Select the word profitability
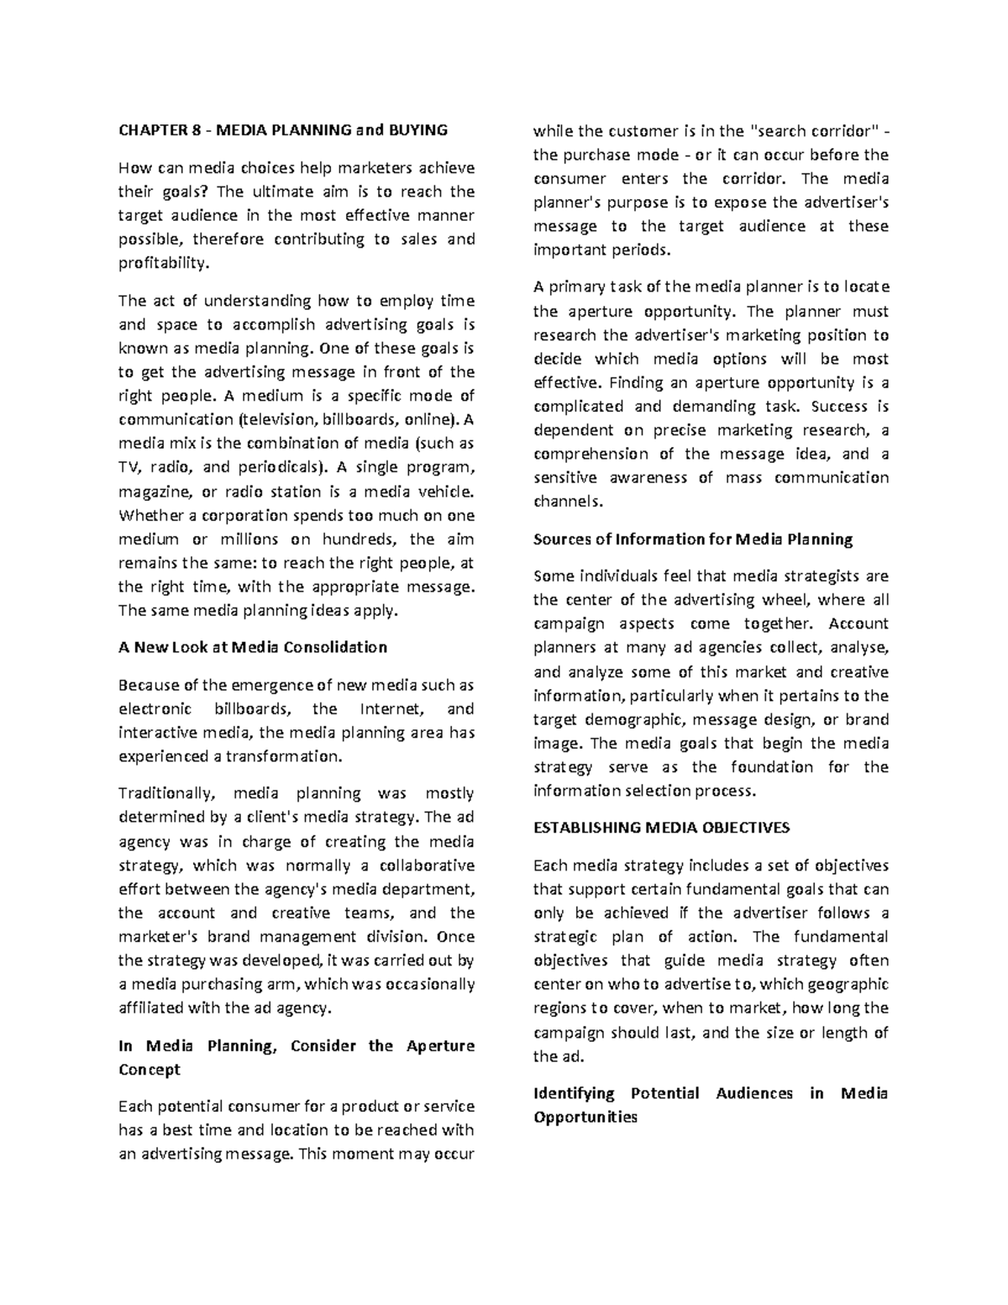tap(162, 263)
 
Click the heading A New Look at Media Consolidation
tap(253, 647)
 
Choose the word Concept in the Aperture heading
tap(150, 1070)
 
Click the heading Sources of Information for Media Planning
tap(693, 539)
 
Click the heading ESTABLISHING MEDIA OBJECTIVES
tap(661, 828)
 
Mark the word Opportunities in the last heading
tap(585, 1118)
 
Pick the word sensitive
tap(565, 477)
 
